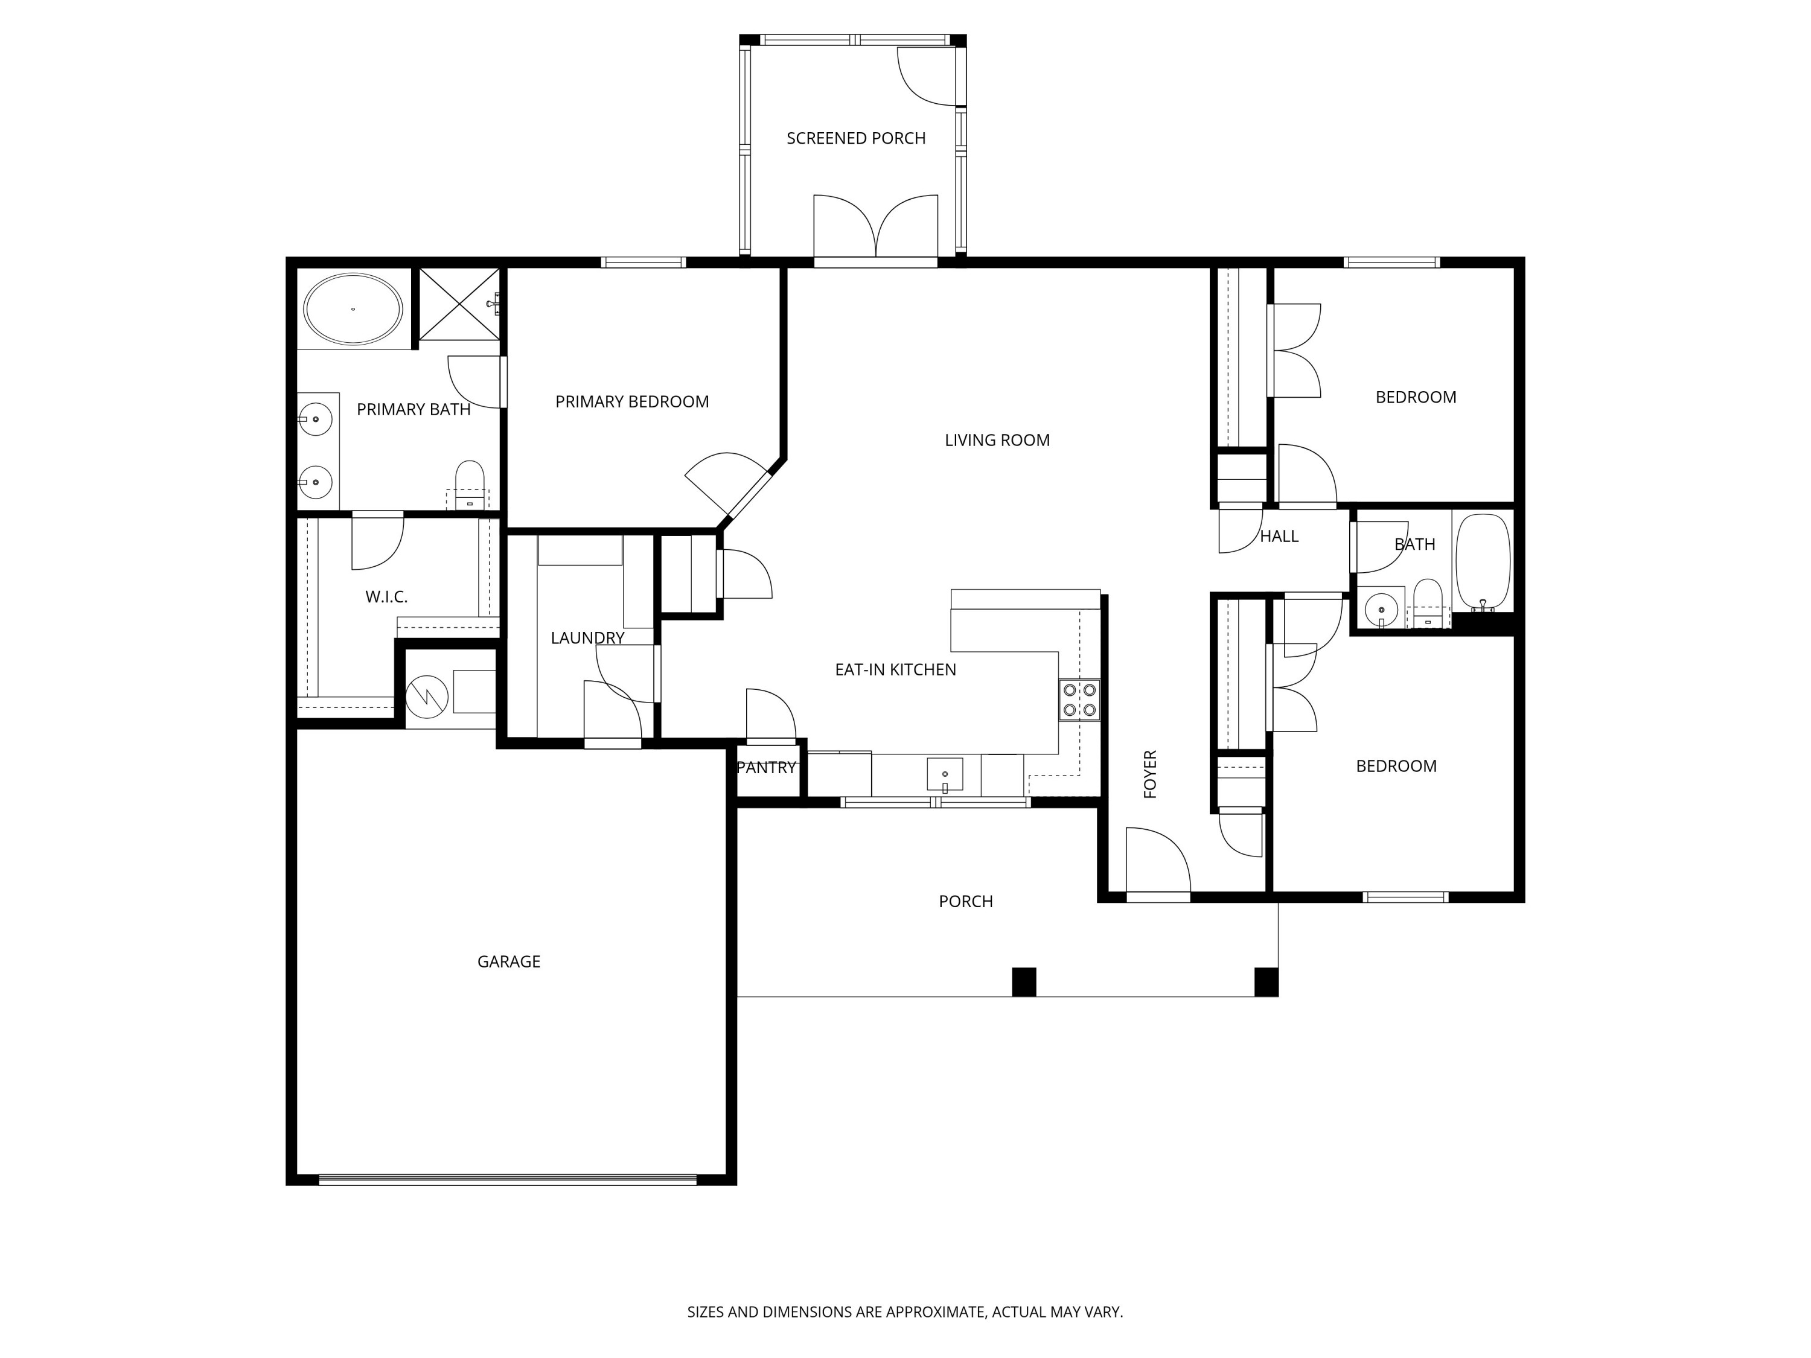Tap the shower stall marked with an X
pos(459,304)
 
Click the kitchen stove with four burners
pos(1079,700)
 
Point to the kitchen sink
pos(945,774)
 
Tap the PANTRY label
pos(766,768)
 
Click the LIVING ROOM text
pos(997,441)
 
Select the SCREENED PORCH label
pos(855,138)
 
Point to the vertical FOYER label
pos(1151,774)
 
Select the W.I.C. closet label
pos(386,597)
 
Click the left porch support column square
pos(1024,981)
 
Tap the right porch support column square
pos(1266,981)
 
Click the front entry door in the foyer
pos(1158,897)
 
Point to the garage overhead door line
pos(508,1179)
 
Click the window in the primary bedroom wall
pos(644,262)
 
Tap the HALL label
pos(1279,536)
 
